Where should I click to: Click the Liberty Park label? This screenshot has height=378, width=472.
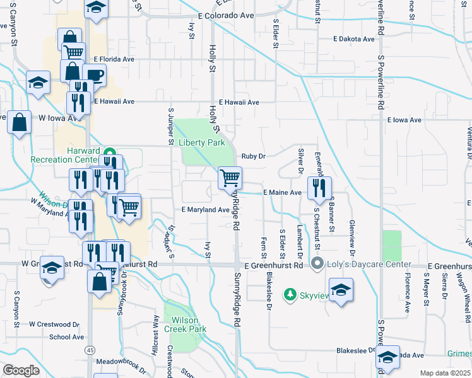click(202, 142)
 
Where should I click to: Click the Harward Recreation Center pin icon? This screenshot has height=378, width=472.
click(109, 153)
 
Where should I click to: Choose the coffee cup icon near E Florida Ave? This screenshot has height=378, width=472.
click(95, 75)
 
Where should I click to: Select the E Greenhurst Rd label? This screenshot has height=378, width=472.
click(274, 266)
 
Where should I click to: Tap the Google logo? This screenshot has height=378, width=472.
click(21, 370)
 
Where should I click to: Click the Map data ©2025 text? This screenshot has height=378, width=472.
click(444, 373)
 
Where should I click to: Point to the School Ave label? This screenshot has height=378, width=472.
click(67, 337)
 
